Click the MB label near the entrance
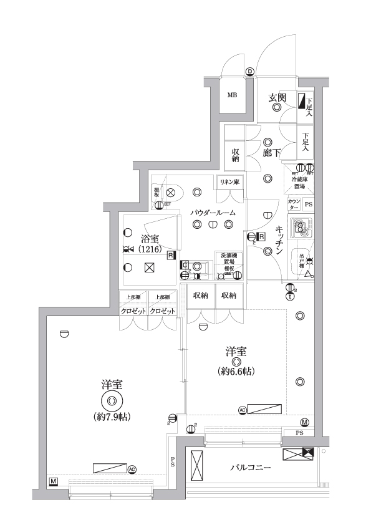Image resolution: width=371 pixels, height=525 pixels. click(x=232, y=95)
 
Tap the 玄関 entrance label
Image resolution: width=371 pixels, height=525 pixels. click(x=277, y=97)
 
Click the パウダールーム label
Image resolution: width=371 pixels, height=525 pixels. click(x=213, y=213)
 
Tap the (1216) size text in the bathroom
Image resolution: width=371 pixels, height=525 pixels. click(x=150, y=249)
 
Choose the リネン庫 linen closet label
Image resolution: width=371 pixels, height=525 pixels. click(x=228, y=181)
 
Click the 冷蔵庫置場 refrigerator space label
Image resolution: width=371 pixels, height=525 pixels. click(x=298, y=182)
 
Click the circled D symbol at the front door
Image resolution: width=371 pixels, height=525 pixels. click(x=250, y=72)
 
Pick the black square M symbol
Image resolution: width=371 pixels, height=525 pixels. click(x=54, y=482)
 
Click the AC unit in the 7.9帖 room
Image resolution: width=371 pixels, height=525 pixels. click(x=110, y=468)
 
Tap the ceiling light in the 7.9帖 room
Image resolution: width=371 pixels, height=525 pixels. click(x=112, y=401)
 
